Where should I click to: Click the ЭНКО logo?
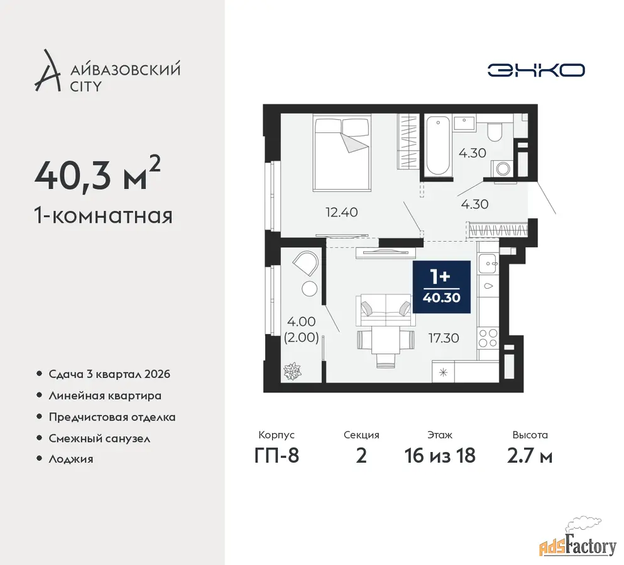click(536, 70)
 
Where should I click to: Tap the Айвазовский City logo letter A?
click(47, 71)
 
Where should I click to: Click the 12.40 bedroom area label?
click(341, 212)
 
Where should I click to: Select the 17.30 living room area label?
click(444, 338)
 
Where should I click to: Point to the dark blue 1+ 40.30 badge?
click(442, 287)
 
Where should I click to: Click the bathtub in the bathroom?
click(438, 146)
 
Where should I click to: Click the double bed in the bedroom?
click(342, 153)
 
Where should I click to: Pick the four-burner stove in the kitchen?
click(488, 338)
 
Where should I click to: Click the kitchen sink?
click(488, 264)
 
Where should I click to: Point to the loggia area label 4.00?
click(301, 321)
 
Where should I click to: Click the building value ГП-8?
click(277, 456)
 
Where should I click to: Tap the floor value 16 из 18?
click(440, 456)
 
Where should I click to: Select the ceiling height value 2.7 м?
click(530, 456)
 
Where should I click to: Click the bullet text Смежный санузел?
click(99, 439)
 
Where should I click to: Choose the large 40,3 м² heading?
click(98, 174)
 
